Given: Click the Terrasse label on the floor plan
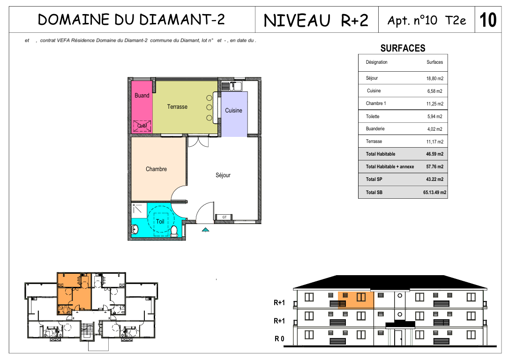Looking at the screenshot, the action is tap(177, 107).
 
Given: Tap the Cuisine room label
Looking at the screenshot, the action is tap(234, 110).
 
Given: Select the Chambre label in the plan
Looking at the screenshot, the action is tap(156, 169).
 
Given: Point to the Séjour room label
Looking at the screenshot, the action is tap(223, 175).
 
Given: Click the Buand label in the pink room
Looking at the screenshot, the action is tap(142, 96).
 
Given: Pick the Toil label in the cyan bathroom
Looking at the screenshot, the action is tap(160, 221).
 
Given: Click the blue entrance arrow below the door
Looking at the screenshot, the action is tap(205, 230).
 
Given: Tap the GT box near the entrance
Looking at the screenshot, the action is tap(225, 217).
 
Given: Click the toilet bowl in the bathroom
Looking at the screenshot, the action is tap(174, 231).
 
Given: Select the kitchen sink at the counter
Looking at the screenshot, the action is tap(232, 86).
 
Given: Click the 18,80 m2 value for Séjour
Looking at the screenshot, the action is tap(434, 78).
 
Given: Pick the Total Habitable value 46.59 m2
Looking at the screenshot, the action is tap(434, 154).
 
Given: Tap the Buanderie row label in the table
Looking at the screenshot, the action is tap(375, 128).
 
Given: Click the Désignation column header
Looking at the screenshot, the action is tap(376, 62).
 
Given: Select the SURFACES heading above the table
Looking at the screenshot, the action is tap(403, 48).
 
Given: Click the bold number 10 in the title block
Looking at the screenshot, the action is tap(488, 20).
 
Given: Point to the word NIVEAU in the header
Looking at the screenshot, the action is tap(297, 21).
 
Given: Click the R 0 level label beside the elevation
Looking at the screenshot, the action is tap(279, 339).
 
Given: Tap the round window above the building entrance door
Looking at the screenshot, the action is tap(400, 314).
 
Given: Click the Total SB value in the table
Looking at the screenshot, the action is tap(434, 192).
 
